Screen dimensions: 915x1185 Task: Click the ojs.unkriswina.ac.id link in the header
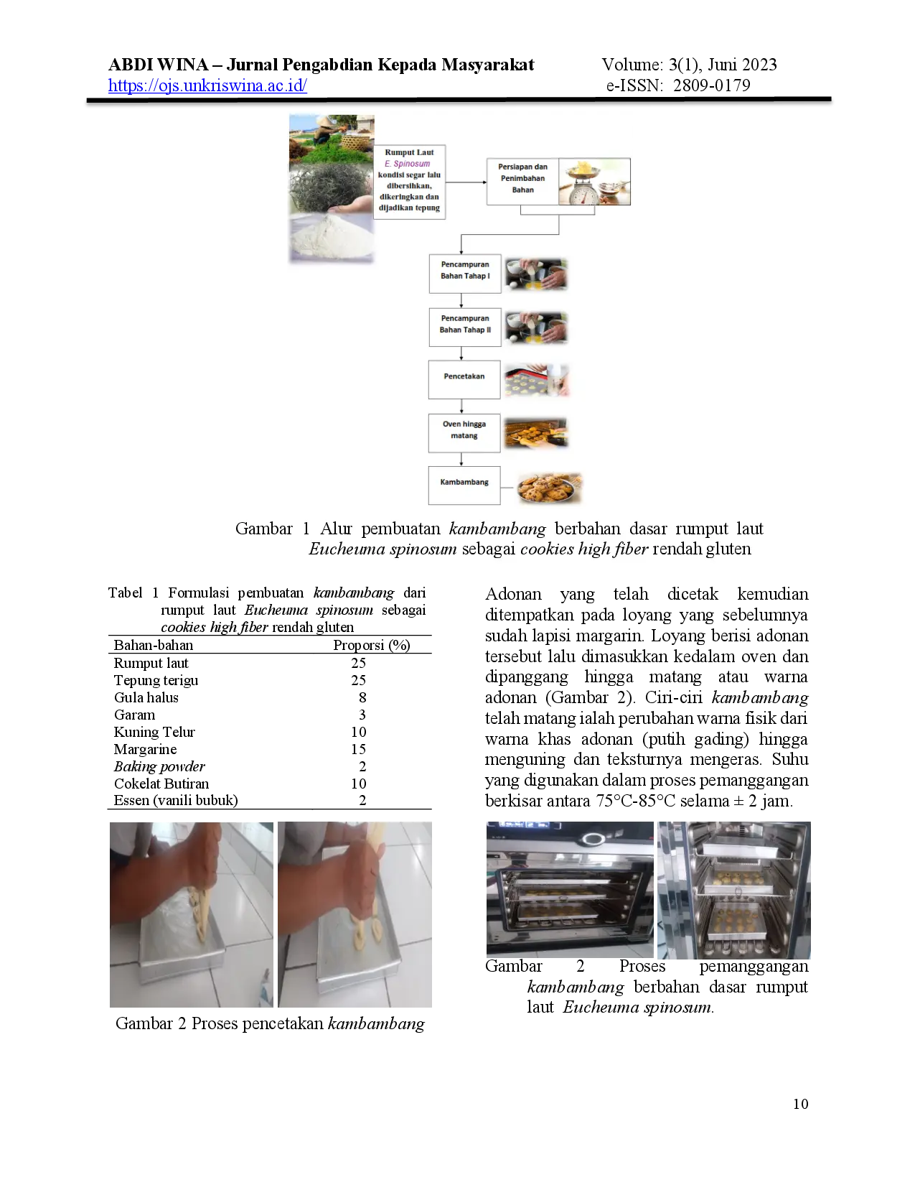pyautogui.click(x=207, y=85)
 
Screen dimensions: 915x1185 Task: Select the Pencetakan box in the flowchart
pyautogui.click(x=464, y=379)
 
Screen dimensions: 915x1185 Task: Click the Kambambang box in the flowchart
pyautogui.click(x=464, y=485)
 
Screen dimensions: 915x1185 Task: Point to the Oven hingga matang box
pyautogui.click(x=464, y=433)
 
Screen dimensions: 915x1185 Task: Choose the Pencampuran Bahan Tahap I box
pyautogui.click(x=465, y=274)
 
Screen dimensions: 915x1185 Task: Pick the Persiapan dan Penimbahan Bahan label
pyautogui.click(x=522, y=178)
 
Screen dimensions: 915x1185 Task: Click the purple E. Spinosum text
pyautogui.click(x=407, y=164)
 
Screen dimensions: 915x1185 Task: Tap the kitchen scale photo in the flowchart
pyautogui.click(x=594, y=182)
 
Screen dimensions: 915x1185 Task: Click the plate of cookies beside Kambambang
pyautogui.click(x=549, y=488)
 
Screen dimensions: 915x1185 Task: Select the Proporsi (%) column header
pyautogui.click(x=371, y=645)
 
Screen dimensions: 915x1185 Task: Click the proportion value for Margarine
pyautogui.click(x=359, y=749)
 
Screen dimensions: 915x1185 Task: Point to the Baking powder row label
pyautogui.click(x=159, y=767)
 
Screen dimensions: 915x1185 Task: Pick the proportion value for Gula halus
pyautogui.click(x=362, y=697)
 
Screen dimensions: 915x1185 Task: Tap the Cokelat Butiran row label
pyautogui.click(x=161, y=784)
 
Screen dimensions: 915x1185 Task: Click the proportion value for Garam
pyautogui.click(x=362, y=715)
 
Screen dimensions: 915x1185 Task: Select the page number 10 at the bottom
pyautogui.click(x=801, y=1105)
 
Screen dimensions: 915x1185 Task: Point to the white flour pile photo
pyautogui.click(x=332, y=237)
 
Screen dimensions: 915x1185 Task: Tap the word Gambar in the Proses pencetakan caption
pyautogui.click(x=144, y=1023)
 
